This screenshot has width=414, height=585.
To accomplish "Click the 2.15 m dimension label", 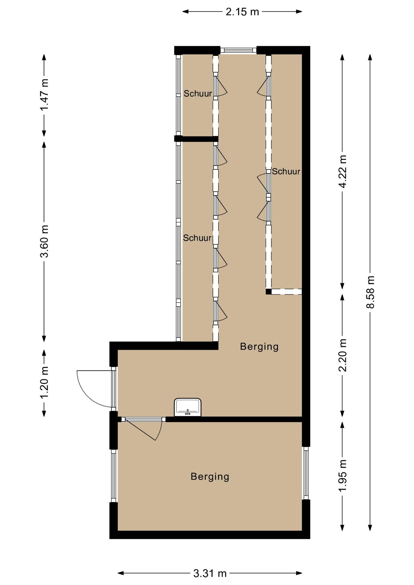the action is pos(242,12).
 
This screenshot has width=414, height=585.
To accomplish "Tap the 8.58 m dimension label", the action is pos(370,292).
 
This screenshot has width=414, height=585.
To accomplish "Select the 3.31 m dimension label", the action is pos(210,574).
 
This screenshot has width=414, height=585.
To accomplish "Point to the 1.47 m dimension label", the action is pos(44,95).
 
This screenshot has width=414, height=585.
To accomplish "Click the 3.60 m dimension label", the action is pos(44,241).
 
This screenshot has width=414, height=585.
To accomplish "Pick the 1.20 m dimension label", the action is pos(44,383).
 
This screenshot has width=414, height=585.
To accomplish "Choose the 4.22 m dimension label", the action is pos(342,172).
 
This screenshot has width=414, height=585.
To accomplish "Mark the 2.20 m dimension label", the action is pos(342,355).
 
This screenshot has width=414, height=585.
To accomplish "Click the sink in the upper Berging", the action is pos(187,407).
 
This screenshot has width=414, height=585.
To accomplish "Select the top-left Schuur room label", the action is pos(198,94).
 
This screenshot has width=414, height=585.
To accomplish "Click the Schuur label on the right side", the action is pos(286,172).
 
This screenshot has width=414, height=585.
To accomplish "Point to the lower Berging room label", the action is pos(210,477).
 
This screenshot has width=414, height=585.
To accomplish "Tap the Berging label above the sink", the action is pos(259,347).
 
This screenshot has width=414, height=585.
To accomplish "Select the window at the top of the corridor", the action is pos(238,50).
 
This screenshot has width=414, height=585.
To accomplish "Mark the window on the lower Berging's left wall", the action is pos(114,476).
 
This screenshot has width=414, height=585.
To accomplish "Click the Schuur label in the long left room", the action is pos(197,238).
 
